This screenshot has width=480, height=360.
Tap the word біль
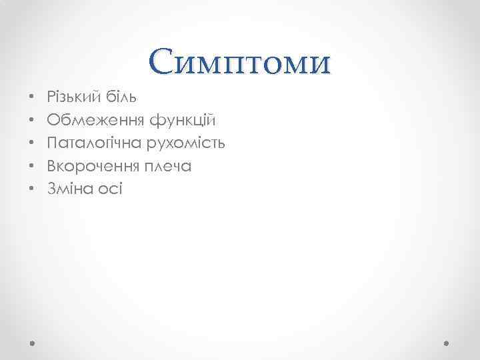point(123,97)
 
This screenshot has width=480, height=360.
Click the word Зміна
point(70,189)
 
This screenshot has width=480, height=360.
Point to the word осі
point(110,189)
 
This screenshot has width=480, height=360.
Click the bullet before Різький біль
point(31,98)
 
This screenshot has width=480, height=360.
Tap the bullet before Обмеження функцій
point(31,121)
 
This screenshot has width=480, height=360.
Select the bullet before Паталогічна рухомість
point(31,143)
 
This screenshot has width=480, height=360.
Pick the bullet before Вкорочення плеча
point(31,166)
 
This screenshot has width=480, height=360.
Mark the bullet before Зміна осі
point(31,189)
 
